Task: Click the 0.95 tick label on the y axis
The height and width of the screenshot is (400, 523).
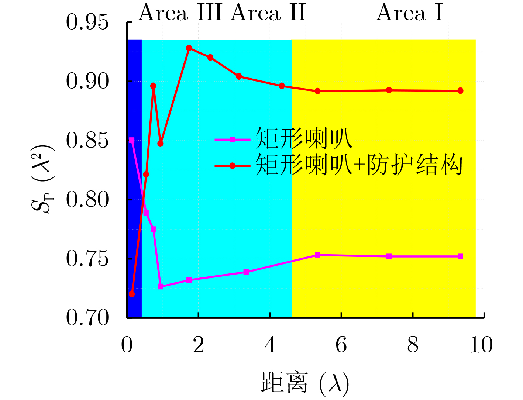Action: click(87, 22)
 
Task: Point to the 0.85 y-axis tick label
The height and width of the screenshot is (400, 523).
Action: click(87, 141)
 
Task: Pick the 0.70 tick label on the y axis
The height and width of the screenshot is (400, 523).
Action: click(87, 318)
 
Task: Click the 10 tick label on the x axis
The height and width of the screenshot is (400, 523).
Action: click(481, 345)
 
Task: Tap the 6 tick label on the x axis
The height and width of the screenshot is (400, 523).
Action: click(341, 345)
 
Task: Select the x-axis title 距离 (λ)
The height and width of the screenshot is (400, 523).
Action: click(305, 383)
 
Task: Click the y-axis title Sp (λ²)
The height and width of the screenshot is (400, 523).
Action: click(43, 179)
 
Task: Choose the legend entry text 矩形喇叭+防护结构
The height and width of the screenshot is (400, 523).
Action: click(359, 165)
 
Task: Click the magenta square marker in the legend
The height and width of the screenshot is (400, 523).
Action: click(232, 139)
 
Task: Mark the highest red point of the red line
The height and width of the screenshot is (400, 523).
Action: click(189, 48)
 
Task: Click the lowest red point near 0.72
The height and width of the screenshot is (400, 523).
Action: click(132, 294)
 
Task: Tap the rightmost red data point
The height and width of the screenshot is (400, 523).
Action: click(460, 91)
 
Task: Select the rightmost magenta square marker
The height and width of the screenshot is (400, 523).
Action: click(460, 256)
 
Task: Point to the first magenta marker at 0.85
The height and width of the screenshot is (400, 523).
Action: click(132, 140)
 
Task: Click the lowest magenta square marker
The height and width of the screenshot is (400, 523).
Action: click(160, 286)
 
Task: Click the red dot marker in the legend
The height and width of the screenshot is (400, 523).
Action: click(232, 166)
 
